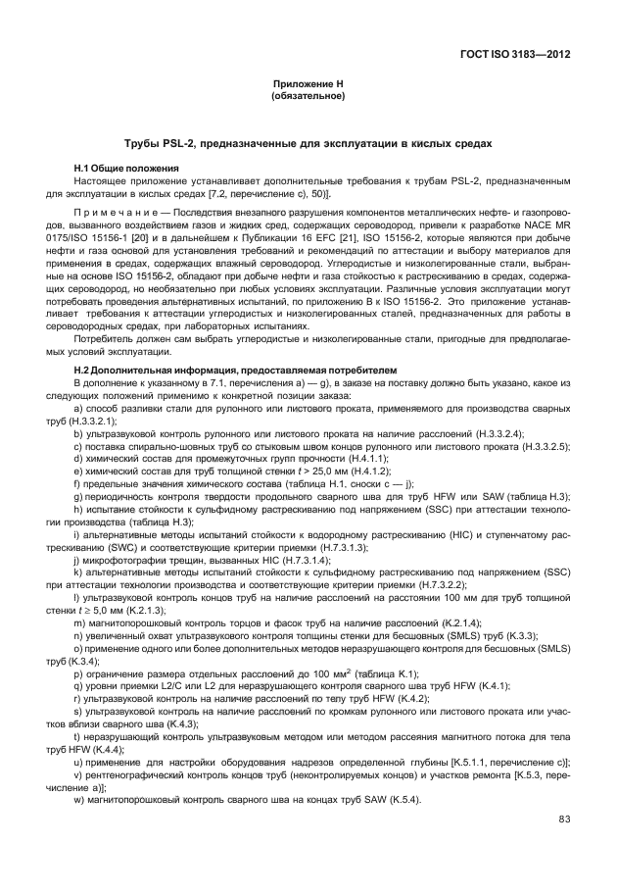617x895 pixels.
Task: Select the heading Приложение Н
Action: pos(308,86)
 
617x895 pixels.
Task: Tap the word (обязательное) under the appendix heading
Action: pos(308,97)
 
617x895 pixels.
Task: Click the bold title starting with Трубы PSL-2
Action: pos(308,144)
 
